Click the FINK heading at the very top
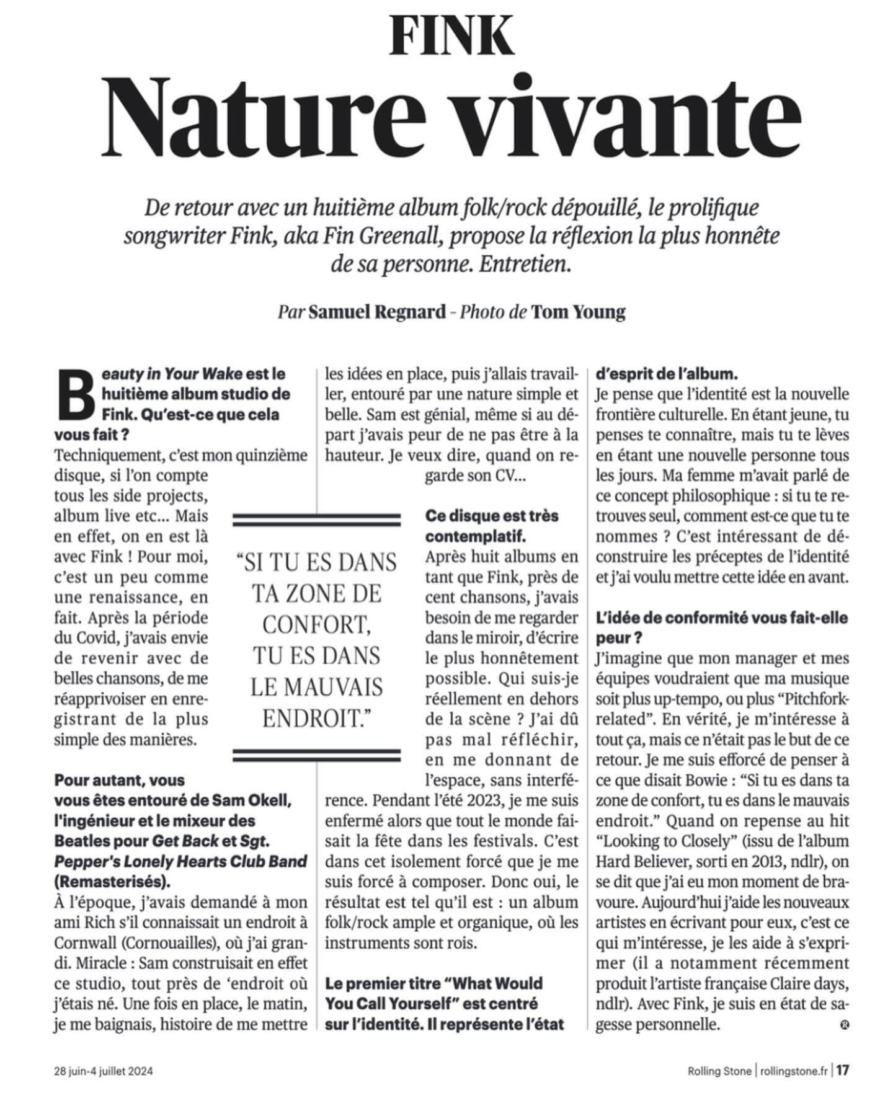tap(452, 35)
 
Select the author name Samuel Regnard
tap(377, 312)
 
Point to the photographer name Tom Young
tap(578, 312)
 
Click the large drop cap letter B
tap(73, 396)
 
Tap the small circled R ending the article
tap(845, 1025)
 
